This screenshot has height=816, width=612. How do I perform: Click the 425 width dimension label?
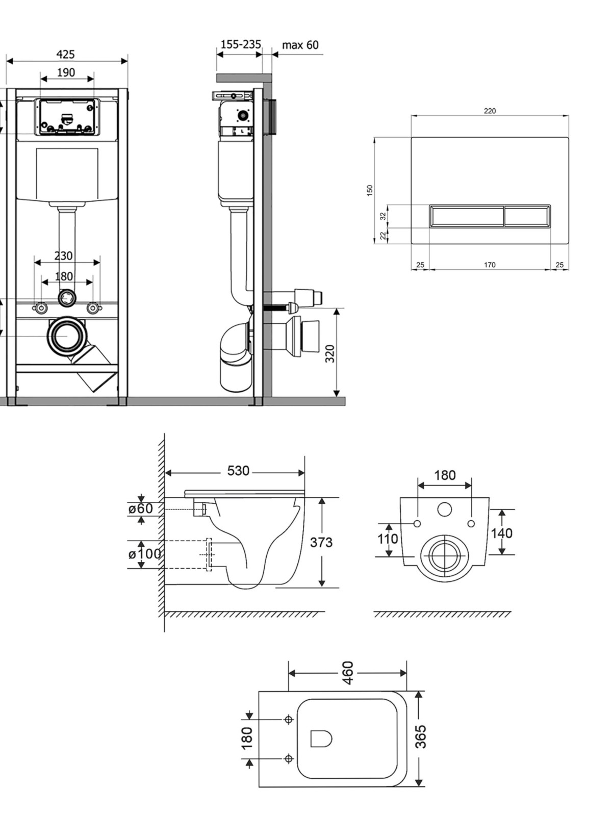coord(65,54)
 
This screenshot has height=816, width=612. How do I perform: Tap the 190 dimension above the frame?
coord(66,72)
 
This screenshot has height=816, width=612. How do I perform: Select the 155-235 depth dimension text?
coord(240,44)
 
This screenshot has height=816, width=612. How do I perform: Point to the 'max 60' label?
coord(300,45)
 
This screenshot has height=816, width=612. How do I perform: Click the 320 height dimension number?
coord(330,353)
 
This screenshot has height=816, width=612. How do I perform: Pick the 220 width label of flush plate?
coord(490,111)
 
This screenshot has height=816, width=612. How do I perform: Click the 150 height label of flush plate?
coord(370,190)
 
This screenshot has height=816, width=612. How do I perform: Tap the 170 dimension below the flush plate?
coord(490,265)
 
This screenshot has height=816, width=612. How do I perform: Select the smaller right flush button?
coord(527,215)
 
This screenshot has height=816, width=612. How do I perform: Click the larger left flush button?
coord(467,215)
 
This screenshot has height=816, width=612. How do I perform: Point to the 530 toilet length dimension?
coord(238,471)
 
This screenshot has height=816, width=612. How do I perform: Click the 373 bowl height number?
coord(321,543)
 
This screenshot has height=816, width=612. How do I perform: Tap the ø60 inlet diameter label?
coord(140,508)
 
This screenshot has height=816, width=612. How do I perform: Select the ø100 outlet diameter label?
coord(144,554)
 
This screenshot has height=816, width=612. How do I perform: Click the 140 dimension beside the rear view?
coord(502,533)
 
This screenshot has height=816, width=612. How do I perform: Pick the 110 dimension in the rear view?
coord(388,539)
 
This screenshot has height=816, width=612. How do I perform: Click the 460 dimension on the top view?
coord(348,673)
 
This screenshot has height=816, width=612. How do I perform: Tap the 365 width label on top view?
coord(421,736)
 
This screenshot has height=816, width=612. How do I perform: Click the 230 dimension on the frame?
coord(64,256)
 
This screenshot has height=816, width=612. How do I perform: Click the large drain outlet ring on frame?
coord(67,335)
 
